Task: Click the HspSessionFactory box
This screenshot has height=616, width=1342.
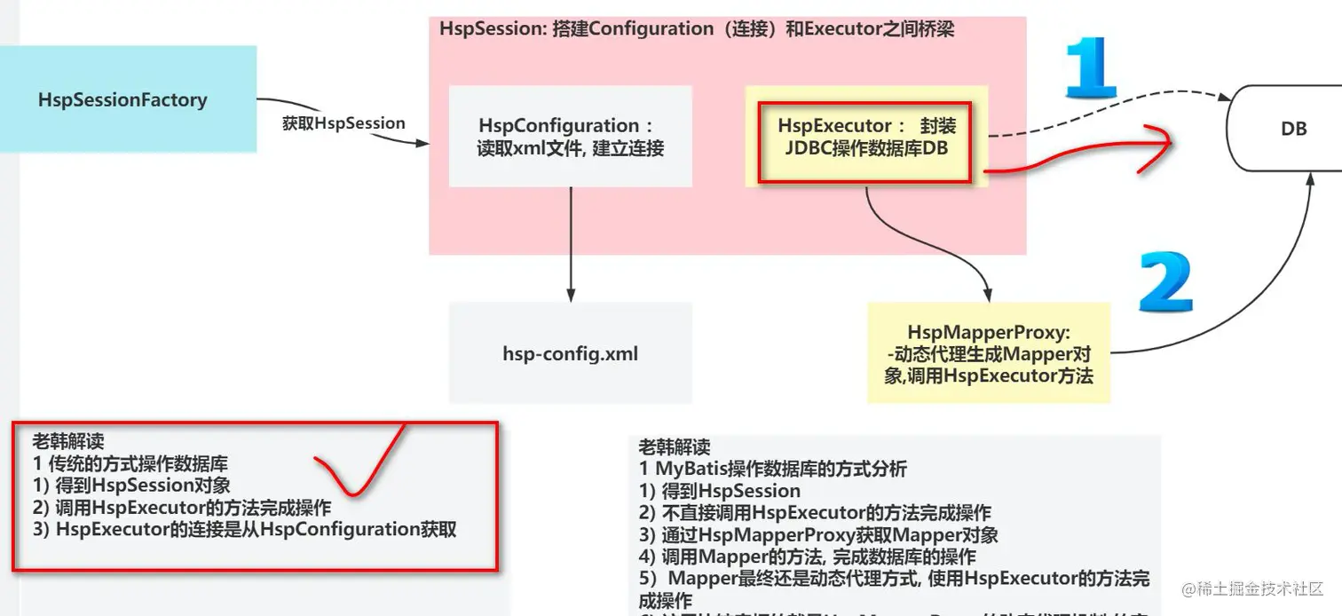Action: click(x=122, y=99)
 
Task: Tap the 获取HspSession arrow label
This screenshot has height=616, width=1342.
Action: click(x=343, y=123)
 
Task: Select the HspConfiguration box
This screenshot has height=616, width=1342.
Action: click(x=570, y=136)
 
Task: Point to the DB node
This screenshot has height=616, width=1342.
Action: click(x=1292, y=130)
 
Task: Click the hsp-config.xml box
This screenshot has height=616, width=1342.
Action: click(x=570, y=354)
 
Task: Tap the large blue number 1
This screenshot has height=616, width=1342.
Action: click(x=1090, y=67)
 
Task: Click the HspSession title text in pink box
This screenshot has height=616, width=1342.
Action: click(x=696, y=28)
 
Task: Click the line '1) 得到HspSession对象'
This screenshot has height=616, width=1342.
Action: click(x=131, y=486)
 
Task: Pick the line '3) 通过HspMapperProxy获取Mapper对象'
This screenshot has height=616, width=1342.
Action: click(x=817, y=535)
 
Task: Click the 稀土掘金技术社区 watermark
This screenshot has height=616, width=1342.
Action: click(x=1251, y=589)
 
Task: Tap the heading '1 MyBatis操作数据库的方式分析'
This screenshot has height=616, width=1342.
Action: click(x=772, y=469)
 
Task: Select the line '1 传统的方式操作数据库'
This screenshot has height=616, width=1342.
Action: click(x=130, y=463)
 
